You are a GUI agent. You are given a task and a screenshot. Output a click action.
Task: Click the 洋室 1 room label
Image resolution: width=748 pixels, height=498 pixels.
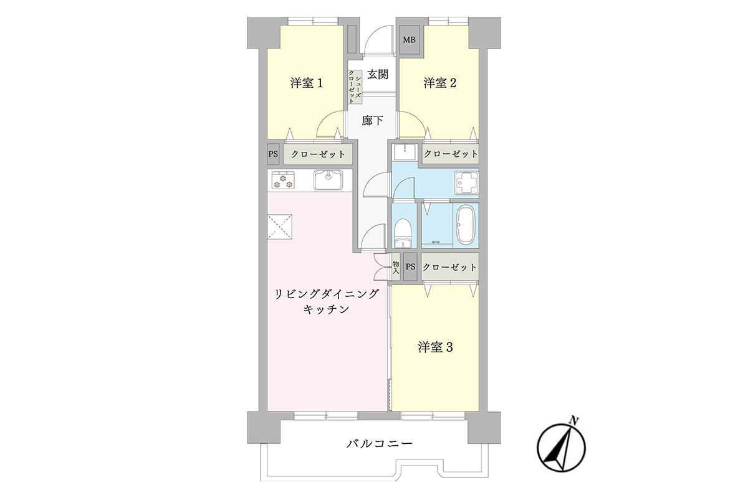pyautogui.click(x=306, y=83)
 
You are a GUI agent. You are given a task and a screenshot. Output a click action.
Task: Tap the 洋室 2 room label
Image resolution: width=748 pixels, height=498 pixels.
pyautogui.click(x=440, y=83)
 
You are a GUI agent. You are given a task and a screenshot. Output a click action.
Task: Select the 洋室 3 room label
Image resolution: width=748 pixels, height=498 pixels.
pyautogui.click(x=435, y=347)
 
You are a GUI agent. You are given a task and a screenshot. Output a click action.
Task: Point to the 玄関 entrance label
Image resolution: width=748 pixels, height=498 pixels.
pyautogui.click(x=378, y=74)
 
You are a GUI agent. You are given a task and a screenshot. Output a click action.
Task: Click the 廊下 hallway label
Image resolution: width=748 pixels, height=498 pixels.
pyautogui.click(x=372, y=120)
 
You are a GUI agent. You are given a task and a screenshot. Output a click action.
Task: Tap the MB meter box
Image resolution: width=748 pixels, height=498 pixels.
pyautogui.click(x=410, y=40)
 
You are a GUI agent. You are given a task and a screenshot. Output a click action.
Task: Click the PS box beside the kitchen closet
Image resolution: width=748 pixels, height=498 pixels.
pyautogui.click(x=273, y=154)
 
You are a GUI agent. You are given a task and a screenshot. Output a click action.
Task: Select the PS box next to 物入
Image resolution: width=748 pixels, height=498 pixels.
pyautogui.click(x=410, y=267)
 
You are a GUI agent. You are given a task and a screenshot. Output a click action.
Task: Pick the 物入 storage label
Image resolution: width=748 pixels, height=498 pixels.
pyautogui.click(x=396, y=267)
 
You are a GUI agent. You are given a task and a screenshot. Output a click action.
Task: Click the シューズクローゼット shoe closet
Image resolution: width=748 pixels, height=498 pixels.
pyautogui.click(x=355, y=87)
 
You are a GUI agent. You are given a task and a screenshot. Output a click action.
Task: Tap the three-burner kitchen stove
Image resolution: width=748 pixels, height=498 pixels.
pyautogui.click(x=283, y=181)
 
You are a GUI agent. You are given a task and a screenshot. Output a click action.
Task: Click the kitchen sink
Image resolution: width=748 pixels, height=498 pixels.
pyautogui.click(x=328, y=180)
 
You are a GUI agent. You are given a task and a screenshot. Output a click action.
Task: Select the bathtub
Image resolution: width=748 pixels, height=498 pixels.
pyautogui.click(x=466, y=225)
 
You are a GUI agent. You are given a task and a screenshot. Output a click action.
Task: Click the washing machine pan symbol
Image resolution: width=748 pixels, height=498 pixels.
pyautogui.click(x=466, y=183)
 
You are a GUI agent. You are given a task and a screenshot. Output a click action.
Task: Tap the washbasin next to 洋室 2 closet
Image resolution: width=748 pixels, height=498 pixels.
pyautogui.click(x=405, y=152)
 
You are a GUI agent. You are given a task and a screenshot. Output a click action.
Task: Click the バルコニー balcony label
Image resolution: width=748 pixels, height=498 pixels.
pyautogui.click(x=380, y=444)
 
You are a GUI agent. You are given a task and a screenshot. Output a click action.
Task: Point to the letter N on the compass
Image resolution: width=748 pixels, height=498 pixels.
pyautogui.click(x=574, y=421)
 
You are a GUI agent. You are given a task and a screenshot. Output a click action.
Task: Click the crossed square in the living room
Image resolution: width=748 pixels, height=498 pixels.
pyautogui.click(x=280, y=227)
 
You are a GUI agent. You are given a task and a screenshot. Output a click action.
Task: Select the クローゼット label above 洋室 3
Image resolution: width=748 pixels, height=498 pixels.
pyautogui.click(x=449, y=267)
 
